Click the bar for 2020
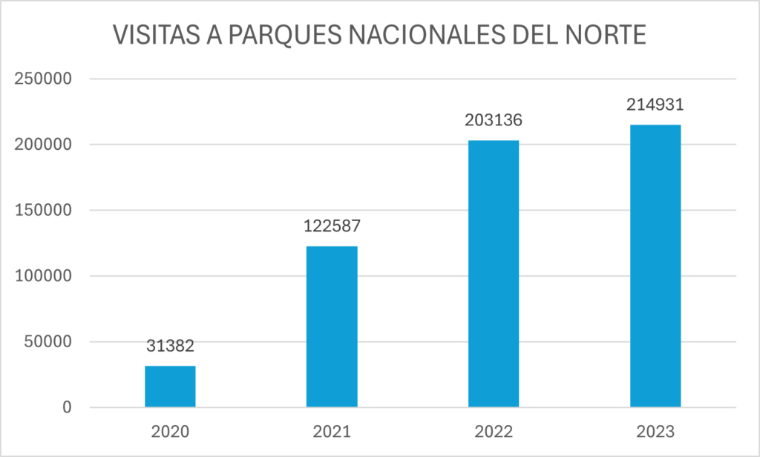tap(170, 387)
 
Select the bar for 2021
tap(332, 326)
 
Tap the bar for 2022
tap(494, 274)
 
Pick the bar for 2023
tap(655, 266)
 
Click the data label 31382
tap(170, 346)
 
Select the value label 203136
tap(494, 121)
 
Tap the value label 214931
tap(655, 105)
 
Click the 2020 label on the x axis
tap(170, 432)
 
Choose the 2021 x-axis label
tap(332, 432)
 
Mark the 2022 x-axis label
tap(494, 432)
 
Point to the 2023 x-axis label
tap(655, 432)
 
